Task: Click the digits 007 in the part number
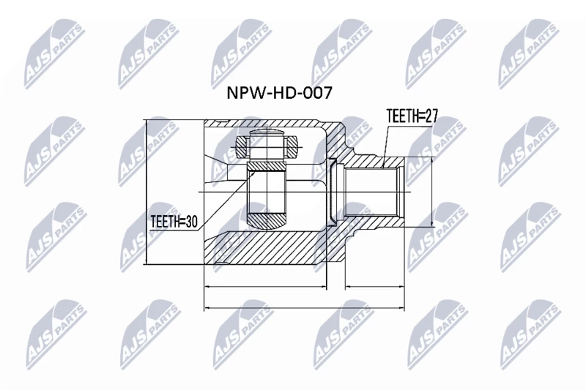316,92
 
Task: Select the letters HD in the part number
282,92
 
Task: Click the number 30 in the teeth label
190,222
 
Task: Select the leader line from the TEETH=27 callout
387,146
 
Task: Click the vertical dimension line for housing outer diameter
146,192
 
